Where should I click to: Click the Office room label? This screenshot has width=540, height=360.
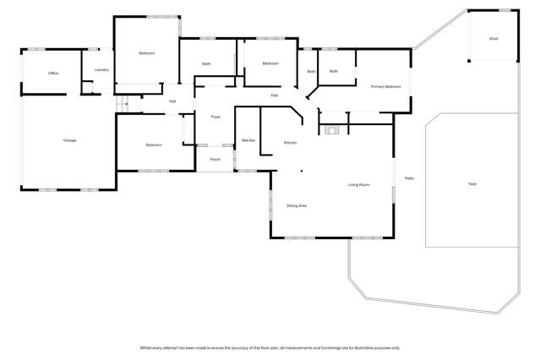53,74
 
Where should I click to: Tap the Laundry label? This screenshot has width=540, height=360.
101,70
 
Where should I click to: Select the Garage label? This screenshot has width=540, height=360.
69,140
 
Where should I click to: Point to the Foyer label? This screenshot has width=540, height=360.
215,117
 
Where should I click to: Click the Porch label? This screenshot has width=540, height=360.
215,159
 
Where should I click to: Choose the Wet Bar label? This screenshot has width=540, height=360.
248,140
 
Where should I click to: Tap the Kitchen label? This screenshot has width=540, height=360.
290,143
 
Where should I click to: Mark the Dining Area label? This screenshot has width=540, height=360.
297,205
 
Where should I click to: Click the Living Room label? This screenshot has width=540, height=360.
359,184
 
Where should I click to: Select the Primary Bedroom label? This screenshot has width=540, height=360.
385,86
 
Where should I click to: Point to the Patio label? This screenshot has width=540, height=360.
409,178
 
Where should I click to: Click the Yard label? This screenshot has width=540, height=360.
472,183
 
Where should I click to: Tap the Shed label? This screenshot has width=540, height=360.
494,39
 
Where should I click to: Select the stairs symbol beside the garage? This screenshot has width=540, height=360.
121,103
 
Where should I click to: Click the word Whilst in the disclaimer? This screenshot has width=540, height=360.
145,347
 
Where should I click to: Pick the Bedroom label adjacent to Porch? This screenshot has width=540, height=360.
154,145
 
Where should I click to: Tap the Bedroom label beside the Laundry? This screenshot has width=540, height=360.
147,53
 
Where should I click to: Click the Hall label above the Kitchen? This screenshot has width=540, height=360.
275,95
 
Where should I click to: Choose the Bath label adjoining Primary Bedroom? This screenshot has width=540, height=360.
334,71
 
